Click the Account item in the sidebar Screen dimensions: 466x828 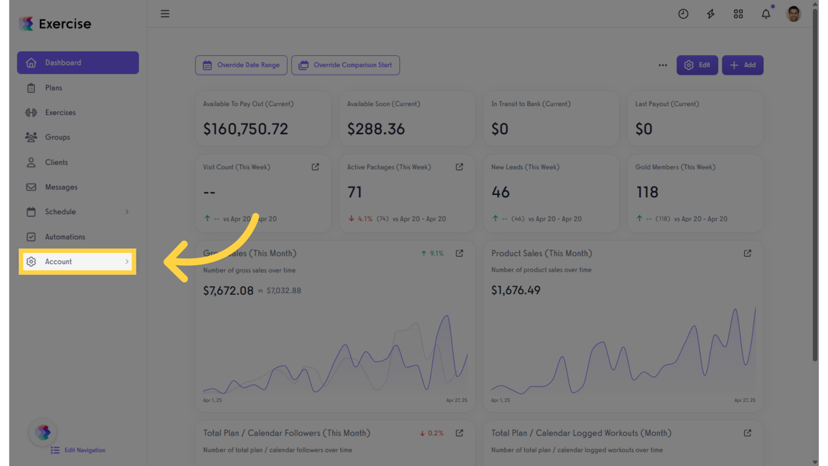click(59, 262)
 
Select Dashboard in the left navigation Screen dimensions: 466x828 click(63, 62)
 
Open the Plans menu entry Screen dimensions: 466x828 click(53, 88)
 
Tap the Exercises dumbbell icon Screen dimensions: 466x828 click(31, 112)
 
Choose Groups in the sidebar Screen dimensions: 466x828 click(57, 137)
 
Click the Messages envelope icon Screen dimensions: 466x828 click(31, 187)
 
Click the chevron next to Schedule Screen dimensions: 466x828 click(127, 212)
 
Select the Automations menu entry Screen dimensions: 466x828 click(65, 237)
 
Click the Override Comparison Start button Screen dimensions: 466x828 click(346, 65)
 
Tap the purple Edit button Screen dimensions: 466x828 click(697, 65)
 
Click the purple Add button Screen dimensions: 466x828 click(743, 65)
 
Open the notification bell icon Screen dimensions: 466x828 click(766, 14)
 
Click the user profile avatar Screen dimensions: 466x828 click(793, 13)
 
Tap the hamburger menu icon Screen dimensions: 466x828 click(165, 13)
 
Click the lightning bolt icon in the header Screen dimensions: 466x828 click(710, 14)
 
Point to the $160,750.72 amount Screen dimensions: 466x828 click(245, 129)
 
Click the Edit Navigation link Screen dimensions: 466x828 click(84, 450)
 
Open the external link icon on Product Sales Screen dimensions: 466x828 click(747, 253)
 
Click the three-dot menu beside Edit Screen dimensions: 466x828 click(663, 65)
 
